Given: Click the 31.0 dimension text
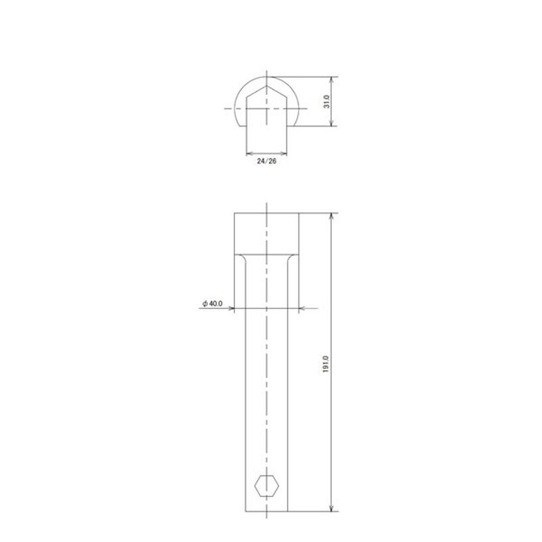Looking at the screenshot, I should (327, 102).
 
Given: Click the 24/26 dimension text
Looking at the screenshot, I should (268, 162).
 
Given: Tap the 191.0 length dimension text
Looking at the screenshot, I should (327, 363).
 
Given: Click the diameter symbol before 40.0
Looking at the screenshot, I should (204, 304).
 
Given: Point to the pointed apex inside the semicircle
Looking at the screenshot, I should (268, 85).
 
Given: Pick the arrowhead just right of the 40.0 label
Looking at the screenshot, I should (230, 309).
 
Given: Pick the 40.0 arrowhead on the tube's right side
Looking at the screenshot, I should (302, 309).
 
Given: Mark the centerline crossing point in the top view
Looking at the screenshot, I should (268, 108).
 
